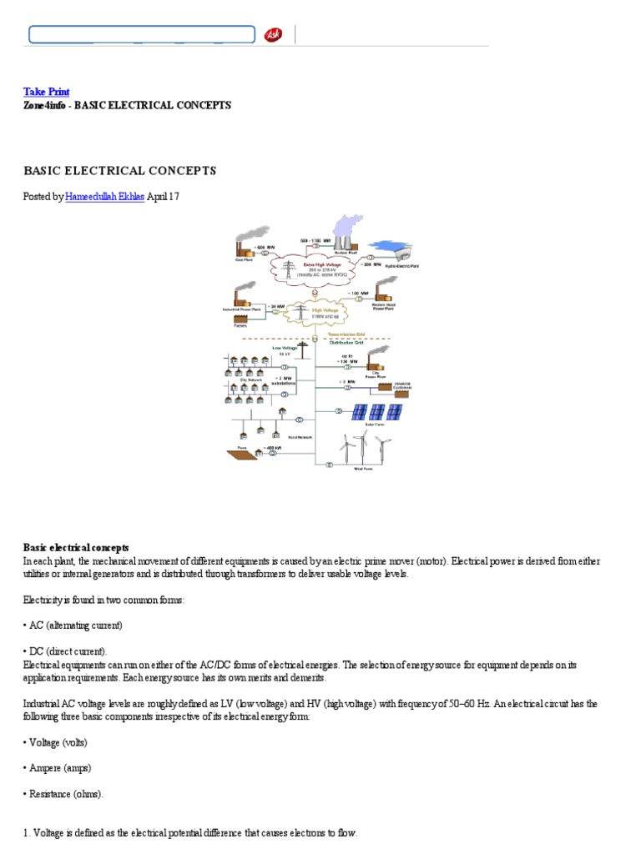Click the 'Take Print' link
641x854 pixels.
click(46, 91)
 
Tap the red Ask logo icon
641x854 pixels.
click(273, 34)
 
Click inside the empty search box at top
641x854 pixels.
click(142, 34)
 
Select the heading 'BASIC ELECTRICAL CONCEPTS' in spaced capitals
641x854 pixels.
click(119, 170)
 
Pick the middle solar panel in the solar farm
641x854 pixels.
click(377, 411)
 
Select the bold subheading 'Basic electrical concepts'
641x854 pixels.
click(76, 548)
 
